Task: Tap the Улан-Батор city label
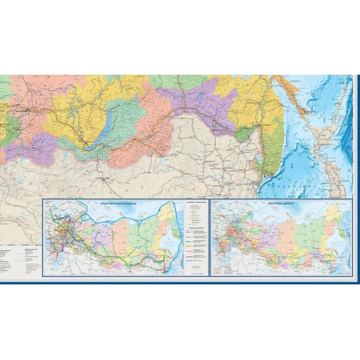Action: point(103,178)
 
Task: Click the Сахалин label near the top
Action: point(295,81)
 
